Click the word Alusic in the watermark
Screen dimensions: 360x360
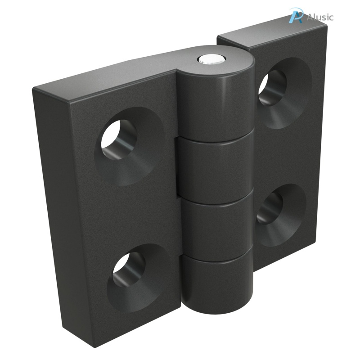coord(320,17)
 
